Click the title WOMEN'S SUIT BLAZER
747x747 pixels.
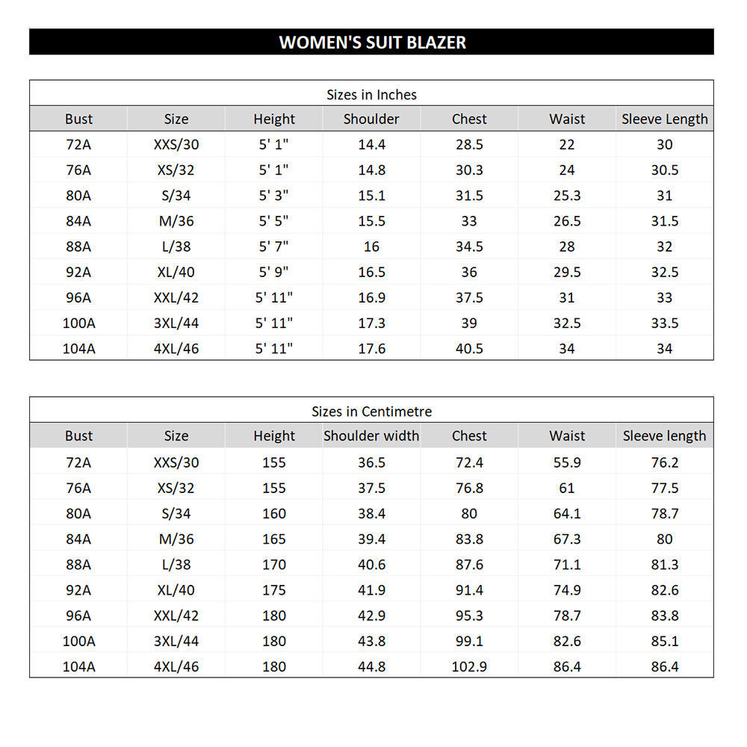click(372, 42)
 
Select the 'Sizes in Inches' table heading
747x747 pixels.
click(371, 95)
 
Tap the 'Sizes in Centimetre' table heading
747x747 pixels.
click(371, 412)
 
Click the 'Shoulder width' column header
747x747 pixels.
click(371, 436)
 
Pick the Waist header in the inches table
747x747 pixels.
click(567, 119)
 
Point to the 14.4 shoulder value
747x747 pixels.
click(371, 145)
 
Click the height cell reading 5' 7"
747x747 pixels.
click(273, 247)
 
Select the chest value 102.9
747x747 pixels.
click(469, 666)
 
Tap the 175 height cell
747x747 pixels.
click(273, 590)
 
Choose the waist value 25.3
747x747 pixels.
click(567, 196)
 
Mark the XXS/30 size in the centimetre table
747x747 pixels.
click(176, 462)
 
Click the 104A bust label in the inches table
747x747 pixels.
click(78, 349)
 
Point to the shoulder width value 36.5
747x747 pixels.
click(371, 462)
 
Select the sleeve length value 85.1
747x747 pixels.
click(664, 641)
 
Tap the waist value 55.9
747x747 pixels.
click(567, 462)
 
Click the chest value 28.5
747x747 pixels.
click(469, 145)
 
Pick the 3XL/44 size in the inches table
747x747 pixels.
click(176, 323)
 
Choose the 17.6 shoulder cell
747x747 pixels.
click(371, 349)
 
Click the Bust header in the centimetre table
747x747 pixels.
click(78, 436)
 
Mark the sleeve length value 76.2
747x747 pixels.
click(664, 462)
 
